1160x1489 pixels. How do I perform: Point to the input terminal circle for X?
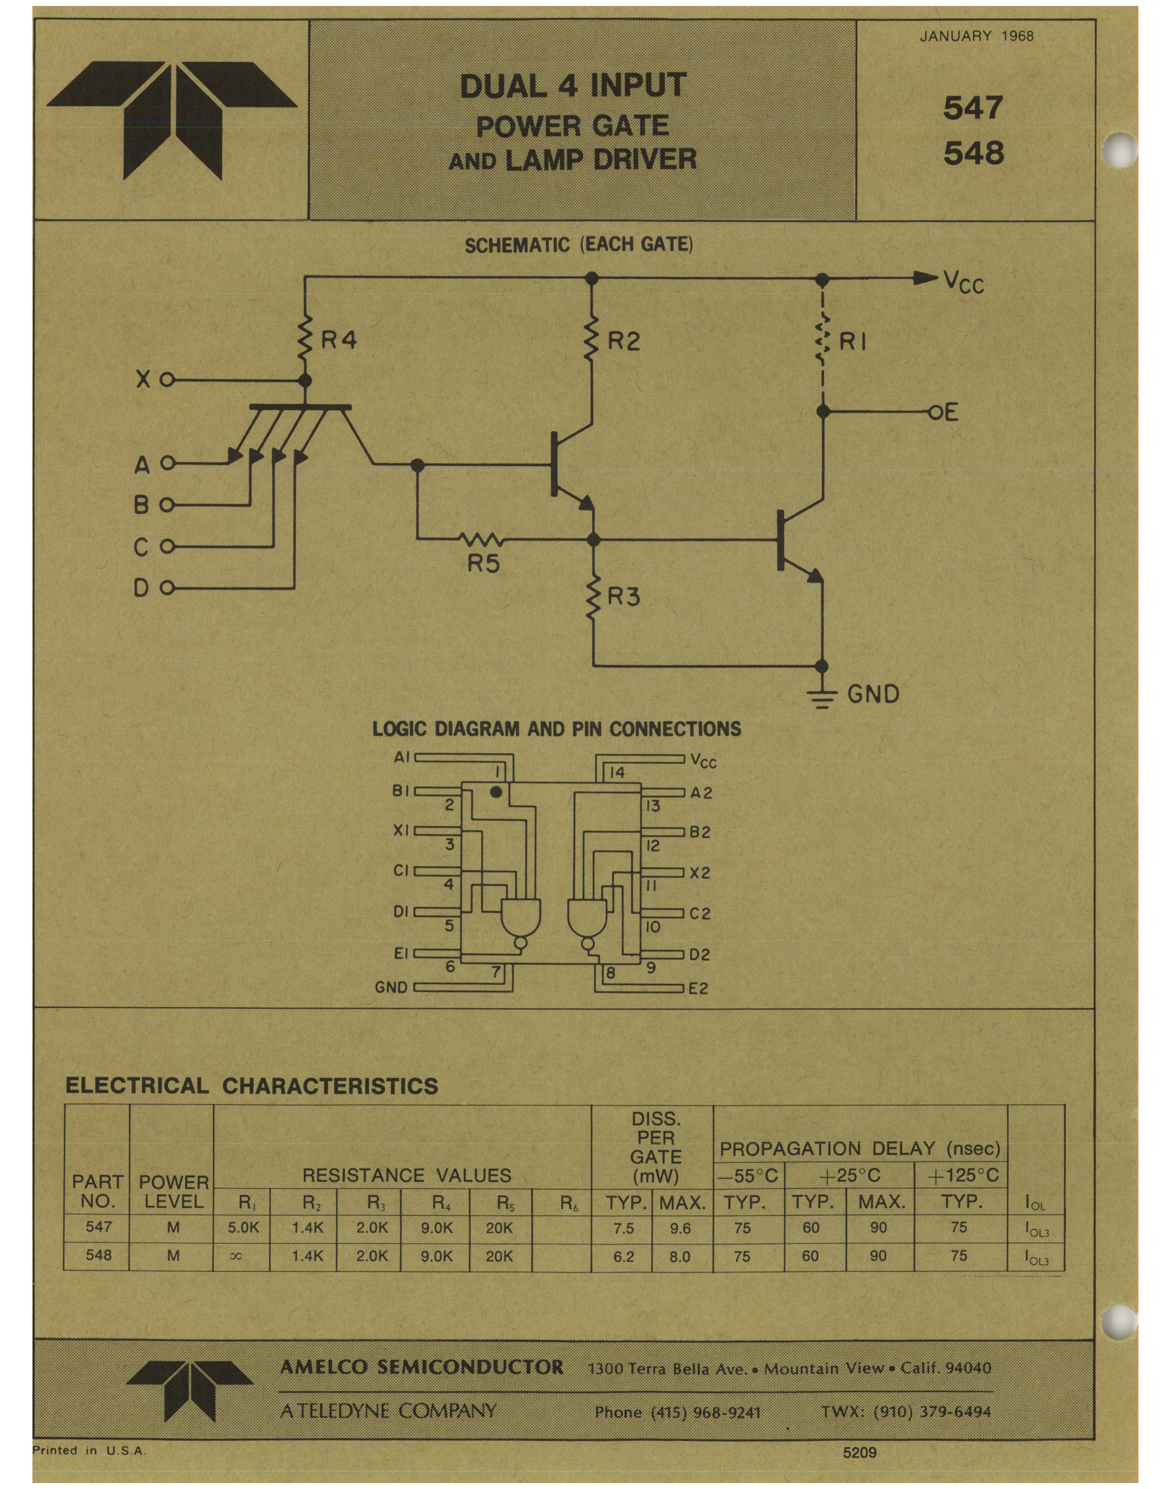pos(167,380)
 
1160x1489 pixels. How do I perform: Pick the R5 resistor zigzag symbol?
pos(483,540)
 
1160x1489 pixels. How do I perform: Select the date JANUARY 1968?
pos(976,36)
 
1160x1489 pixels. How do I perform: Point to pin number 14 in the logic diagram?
pos(617,772)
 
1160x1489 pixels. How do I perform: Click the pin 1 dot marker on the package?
pos(496,792)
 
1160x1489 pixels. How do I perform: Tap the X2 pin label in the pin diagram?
pos(700,873)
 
